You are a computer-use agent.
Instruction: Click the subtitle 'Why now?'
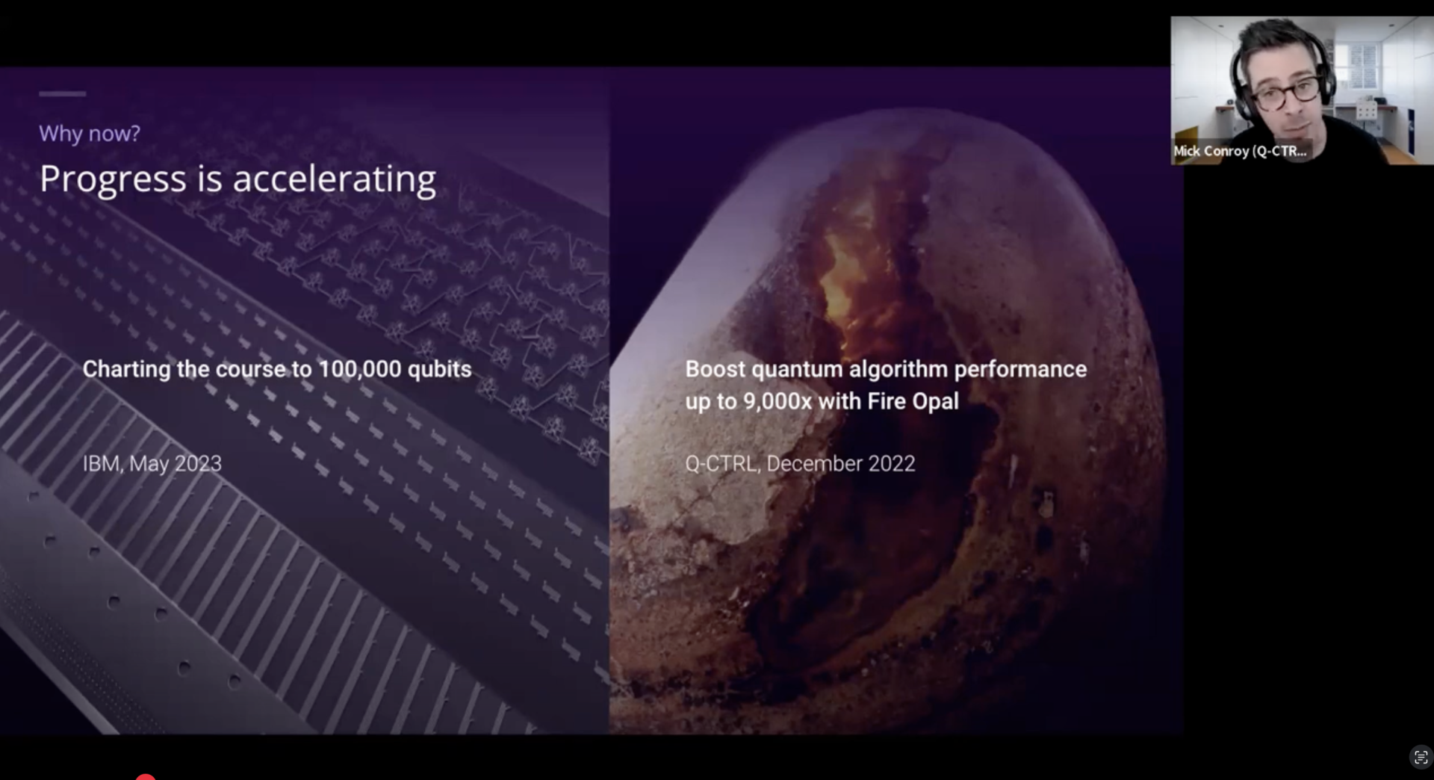pyautogui.click(x=90, y=134)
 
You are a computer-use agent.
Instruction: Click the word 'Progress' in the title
pyautogui.click(x=113, y=180)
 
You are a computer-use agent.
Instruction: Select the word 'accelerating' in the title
pyautogui.click(x=334, y=180)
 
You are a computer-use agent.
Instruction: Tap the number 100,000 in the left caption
pyautogui.click(x=359, y=369)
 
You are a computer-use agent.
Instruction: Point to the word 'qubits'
pyautogui.click(x=439, y=369)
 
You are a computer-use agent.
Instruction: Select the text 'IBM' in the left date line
pyautogui.click(x=101, y=463)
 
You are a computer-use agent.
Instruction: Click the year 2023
pyautogui.click(x=198, y=463)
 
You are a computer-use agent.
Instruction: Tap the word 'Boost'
pyautogui.click(x=715, y=369)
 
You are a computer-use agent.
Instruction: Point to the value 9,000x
pyautogui.click(x=777, y=401)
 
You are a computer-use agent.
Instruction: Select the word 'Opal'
pyautogui.click(x=935, y=402)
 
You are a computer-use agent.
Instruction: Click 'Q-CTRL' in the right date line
pyautogui.click(x=721, y=463)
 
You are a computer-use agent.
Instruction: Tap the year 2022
pyautogui.click(x=892, y=463)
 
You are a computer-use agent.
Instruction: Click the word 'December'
pyautogui.click(x=814, y=463)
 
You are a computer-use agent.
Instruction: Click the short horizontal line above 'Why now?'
pyautogui.click(x=63, y=93)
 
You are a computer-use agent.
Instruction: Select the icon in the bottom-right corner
pyautogui.click(x=1421, y=758)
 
